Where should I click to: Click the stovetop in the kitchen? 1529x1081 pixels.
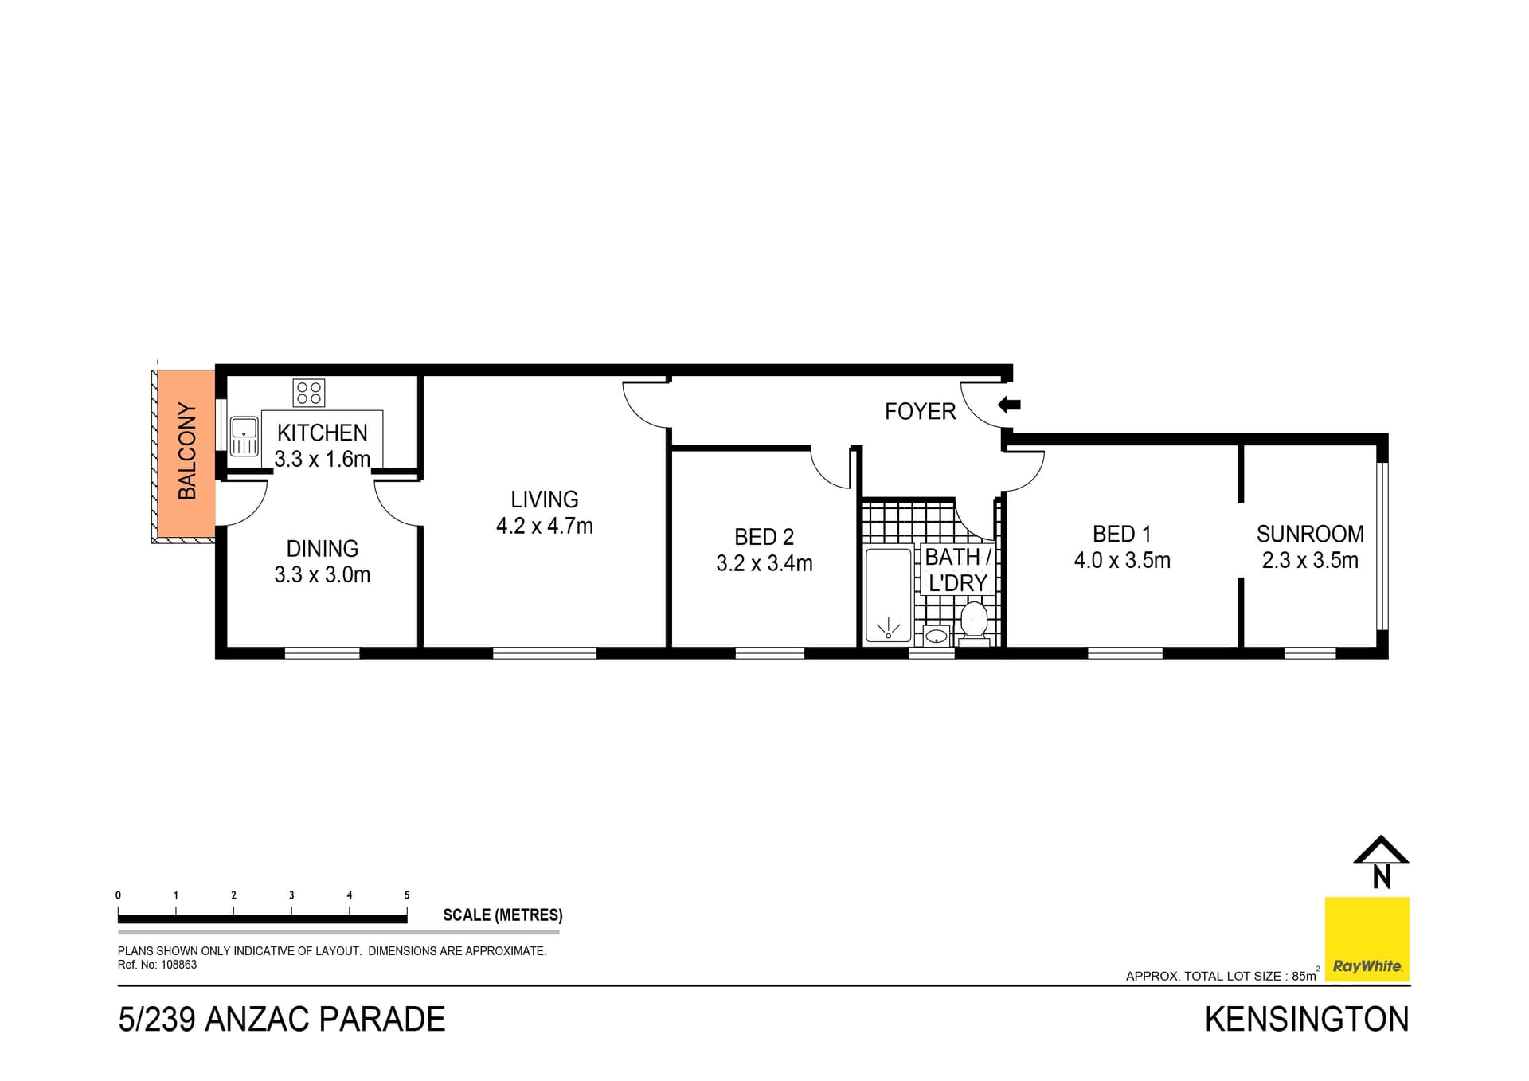(309, 393)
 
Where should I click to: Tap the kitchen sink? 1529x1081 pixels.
(244, 436)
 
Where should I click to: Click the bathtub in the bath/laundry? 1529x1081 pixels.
(888, 594)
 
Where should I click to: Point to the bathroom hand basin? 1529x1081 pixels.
(937, 636)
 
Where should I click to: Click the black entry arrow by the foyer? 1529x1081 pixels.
(1009, 405)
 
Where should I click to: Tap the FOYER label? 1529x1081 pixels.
(920, 412)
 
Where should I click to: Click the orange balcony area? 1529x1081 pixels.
(186, 452)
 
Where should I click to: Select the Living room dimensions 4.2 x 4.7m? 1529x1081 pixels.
(545, 526)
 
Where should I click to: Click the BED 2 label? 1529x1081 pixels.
(764, 537)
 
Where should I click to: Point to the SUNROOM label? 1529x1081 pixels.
(1310, 534)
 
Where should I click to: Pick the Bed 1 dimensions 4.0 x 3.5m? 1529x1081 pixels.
(1122, 561)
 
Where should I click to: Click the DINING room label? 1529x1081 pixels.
(323, 549)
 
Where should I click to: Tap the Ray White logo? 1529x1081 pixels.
(1367, 940)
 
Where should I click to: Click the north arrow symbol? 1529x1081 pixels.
(1381, 863)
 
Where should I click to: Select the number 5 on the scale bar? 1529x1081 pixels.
(407, 895)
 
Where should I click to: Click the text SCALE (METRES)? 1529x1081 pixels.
(502, 915)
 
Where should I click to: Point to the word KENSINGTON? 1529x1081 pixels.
(1307, 1020)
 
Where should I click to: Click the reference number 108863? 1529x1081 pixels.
(179, 965)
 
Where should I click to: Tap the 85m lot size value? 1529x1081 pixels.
(1304, 976)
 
